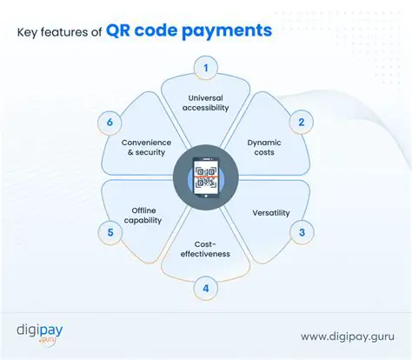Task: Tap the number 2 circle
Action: point(301,123)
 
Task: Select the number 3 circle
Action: point(301,232)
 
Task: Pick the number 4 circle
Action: point(206,288)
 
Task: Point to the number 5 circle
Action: point(110,232)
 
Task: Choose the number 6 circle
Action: point(110,123)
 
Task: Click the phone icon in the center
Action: point(206,177)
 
